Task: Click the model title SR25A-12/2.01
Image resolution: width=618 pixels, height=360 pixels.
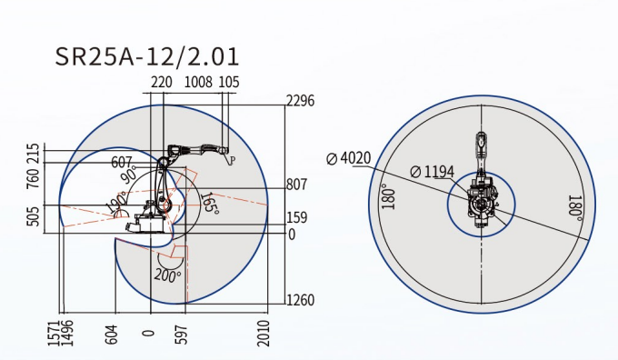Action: click(x=147, y=56)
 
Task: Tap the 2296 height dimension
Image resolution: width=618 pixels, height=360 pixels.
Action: click(x=300, y=101)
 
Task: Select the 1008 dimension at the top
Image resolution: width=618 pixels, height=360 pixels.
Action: click(x=199, y=82)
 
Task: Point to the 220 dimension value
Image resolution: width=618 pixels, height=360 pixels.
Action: click(x=162, y=82)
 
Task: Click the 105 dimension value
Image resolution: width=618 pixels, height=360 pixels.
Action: click(x=229, y=82)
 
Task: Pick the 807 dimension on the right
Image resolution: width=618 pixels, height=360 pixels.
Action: click(x=297, y=185)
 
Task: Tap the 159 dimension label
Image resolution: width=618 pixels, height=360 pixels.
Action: click(x=297, y=217)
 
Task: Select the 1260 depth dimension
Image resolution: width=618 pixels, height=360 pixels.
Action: click(x=300, y=300)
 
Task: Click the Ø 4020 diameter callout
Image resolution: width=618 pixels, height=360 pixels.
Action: click(x=349, y=158)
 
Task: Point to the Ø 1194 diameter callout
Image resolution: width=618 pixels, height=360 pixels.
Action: click(x=433, y=172)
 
